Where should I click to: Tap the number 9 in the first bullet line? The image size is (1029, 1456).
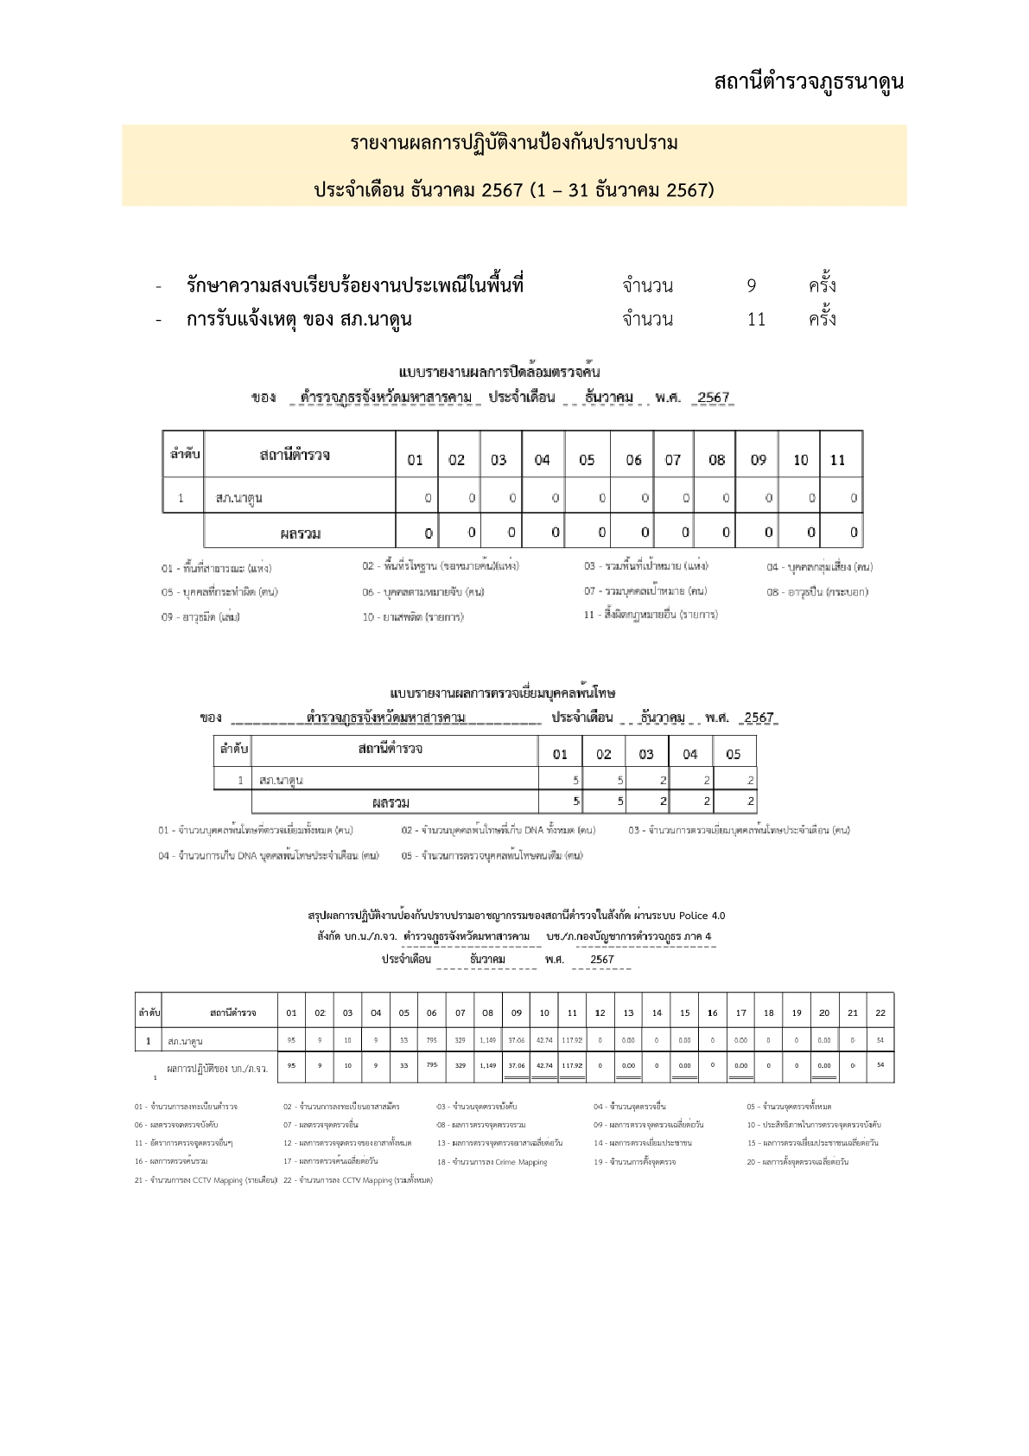[752, 286]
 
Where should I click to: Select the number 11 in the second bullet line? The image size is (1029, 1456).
[756, 320]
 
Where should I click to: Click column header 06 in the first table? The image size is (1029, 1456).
[633, 460]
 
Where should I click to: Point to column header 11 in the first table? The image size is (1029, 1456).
[837, 460]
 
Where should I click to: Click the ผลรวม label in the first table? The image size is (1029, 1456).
[300, 533]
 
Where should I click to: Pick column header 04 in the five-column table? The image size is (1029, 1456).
[689, 754]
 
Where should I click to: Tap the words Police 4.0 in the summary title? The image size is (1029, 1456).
[702, 916]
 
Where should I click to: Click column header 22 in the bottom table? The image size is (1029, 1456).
[880, 1012]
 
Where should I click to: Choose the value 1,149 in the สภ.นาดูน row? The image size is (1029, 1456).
[488, 1040]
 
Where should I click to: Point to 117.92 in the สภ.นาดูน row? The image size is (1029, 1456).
[572, 1040]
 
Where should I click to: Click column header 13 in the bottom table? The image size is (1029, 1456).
[628, 1012]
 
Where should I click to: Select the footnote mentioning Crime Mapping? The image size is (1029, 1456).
[492, 1162]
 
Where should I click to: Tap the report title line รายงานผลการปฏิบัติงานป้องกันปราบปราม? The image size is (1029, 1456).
[514, 144]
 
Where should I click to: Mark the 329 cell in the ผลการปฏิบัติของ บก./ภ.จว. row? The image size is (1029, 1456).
[461, 1065]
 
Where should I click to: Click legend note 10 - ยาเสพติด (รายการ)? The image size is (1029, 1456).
[413, 617]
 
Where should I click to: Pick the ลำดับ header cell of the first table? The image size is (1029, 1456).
[183, 454]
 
